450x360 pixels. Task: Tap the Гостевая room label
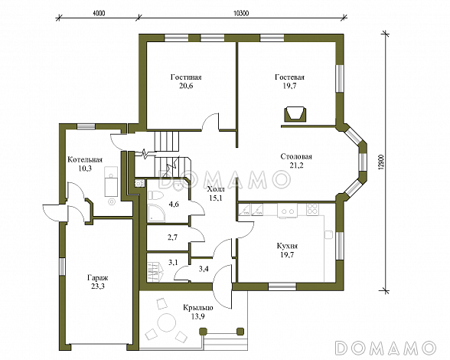pyautogui.click(x=289, y=77)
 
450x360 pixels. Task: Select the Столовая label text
pyautogui.click(x=296, y=156)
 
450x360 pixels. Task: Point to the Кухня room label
pyautogui.click(x=287, y=246)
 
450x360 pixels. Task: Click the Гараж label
pyautogui.click(x=98, y=278)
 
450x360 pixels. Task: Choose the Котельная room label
pyautogui.click(x=85, y=160)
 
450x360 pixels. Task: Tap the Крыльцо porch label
pyautogui.click(x=198, y=308)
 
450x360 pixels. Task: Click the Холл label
pyautogui.click(x=216, y=189)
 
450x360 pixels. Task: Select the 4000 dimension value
pyautogui.click(x=99, y=13)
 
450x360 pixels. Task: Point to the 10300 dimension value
pyautogui.click(x=241, y=13)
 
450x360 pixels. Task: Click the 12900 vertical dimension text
pyautogui.click(x=381, y=162)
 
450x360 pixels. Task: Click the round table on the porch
pyautogui.click(x=166, y=322)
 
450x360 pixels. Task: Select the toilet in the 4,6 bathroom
pyautogui.click(x=155, y=195)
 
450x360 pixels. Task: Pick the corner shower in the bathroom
pyautogui.click(x=156, y=213)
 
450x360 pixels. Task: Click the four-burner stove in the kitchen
pyautogui.click(x=312, y=209)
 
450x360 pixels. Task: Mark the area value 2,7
pyautogui.click(x=172, y=237)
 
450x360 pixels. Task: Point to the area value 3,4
pyautogui.click(x=204, y=269)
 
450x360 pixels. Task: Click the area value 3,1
pyautogui.click(x=173, y=262)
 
